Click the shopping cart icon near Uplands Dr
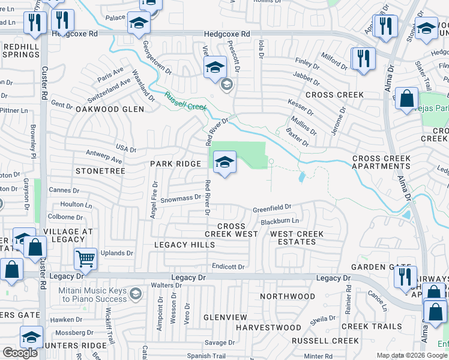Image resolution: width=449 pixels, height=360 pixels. pyautogui.click(x=85, y=258)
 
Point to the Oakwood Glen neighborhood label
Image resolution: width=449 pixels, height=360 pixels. pyautogui.click(x=110, y=109)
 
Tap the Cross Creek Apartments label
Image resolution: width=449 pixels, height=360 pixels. pyautogui.click(x=381, y=163)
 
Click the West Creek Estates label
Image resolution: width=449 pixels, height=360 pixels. pyautogui.click(x=297, y=238)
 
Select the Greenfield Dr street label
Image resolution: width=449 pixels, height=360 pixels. pyautogui.click(x=271, y=208)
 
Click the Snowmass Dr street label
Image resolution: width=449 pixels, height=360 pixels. pyautogui.click(x=180, y=198)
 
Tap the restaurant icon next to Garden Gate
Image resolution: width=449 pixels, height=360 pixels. pyautogui.click(x=405, y=277)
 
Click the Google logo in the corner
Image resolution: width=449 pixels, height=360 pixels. pyautogui.click(x=20, y=353)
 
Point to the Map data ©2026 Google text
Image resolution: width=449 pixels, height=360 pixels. pyautogui.click(x=412, y=355)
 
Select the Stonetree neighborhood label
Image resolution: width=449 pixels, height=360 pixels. pyautogui.click(x=100, y=171)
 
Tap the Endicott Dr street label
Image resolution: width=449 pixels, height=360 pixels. pyautogui.click(x=228, y=266)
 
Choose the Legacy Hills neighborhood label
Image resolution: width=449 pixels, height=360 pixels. pyautogui.click(x=184, y=245)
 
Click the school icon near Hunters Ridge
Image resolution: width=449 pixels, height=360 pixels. pyautogui.click(x=31, y=337)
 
